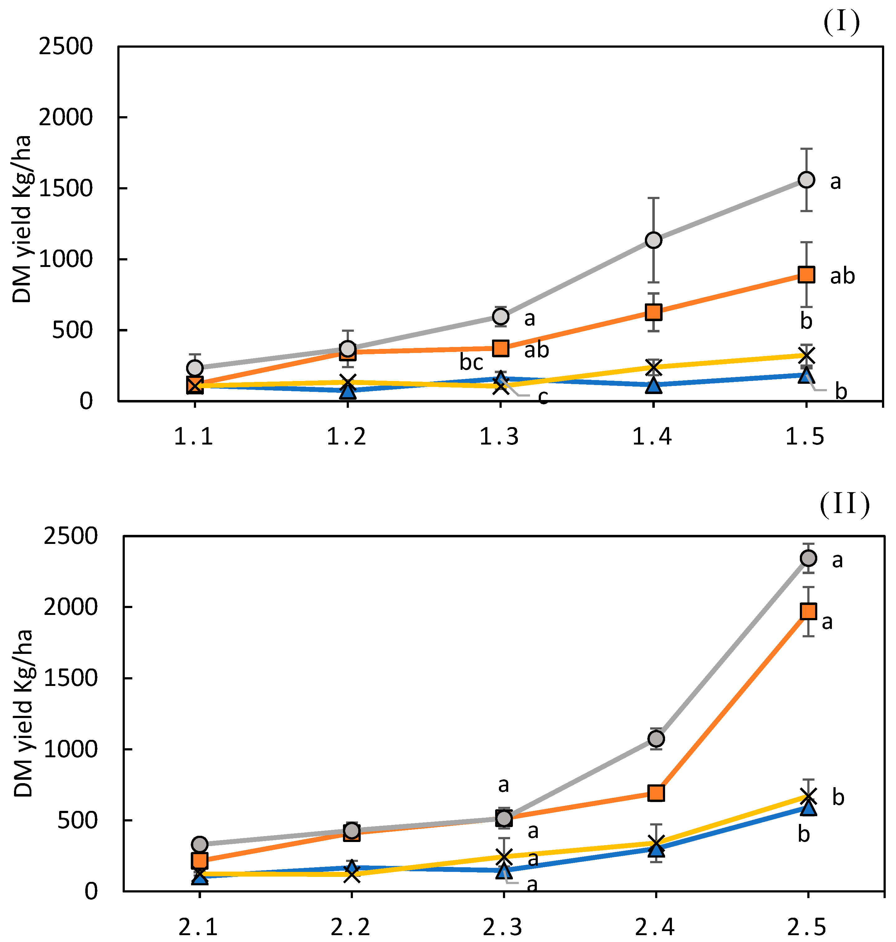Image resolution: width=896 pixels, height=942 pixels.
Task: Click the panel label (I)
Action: (x=842, y=22)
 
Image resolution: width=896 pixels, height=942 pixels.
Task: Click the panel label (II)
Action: (x=844, y=505)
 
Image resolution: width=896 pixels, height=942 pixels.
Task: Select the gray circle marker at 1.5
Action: (x=806, y=180)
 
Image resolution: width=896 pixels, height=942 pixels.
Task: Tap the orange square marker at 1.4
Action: (x=653, y=312)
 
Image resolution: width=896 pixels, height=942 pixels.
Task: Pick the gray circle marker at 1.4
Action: (x=653, y=240)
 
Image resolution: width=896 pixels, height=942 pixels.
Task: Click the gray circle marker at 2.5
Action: (x=808, y=558)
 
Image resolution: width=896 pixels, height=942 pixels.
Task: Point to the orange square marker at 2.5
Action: (x=808, y=611)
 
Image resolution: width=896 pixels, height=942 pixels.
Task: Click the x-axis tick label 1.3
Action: (x=500, y=437)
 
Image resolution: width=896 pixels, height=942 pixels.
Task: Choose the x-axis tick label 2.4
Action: (x=655, y=927)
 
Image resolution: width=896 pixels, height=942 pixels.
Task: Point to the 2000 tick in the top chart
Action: (x=65, y=117)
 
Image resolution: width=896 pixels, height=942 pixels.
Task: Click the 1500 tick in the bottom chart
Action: (x=70, y=678)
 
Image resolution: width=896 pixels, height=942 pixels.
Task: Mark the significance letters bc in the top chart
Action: (x=471, y=363)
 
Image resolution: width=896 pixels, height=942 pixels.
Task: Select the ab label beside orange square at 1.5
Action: (x=842, y=277)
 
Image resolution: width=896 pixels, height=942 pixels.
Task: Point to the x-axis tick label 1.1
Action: (x=194, y=437)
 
